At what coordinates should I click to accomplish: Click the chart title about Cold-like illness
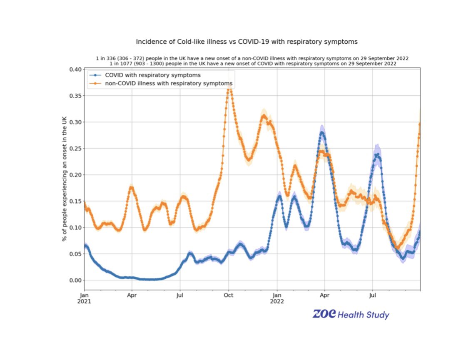tap(247, 42)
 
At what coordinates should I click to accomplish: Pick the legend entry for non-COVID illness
tap(169, 84)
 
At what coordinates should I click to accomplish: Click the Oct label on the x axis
tap(228, 295)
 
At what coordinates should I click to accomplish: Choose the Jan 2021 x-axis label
tap(85, 298)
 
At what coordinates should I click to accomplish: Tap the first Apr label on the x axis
tap(132, 295)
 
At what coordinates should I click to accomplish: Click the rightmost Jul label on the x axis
tap(372, 295)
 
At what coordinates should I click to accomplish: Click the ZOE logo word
tap(324, 314)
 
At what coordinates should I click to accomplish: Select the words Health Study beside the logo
tap(364, 315)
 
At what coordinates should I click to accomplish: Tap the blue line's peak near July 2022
tap(377, 154)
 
